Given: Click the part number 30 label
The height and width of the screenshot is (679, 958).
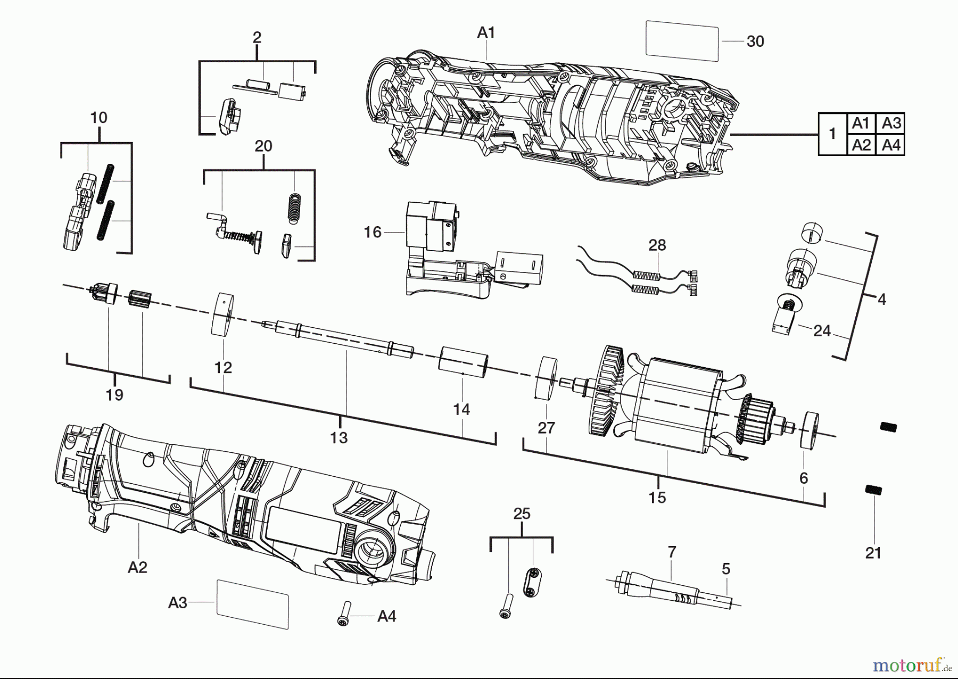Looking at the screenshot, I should [755, 42].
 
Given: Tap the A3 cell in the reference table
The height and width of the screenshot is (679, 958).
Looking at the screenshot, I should [891, 123].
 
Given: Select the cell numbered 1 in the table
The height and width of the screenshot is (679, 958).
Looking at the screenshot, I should [832, 134].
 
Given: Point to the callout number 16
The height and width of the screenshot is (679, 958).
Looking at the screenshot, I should [373, 232].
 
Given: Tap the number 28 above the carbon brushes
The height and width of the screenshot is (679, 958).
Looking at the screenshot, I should [657, 245].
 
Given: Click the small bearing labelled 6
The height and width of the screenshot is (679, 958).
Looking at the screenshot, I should [810, 430].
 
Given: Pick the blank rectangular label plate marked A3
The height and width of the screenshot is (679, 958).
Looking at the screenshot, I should [252, 604].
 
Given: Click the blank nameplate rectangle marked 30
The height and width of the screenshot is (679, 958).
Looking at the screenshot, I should [682, 41].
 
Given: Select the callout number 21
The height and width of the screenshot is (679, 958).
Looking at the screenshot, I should [873, 553].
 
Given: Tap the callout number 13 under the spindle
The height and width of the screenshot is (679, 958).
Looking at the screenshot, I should [339, 437].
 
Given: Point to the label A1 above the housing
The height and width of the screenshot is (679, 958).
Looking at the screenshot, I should [486, 33].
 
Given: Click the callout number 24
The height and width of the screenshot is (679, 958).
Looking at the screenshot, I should [822, 331].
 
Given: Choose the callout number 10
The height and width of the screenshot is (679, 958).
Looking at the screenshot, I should [99, 118].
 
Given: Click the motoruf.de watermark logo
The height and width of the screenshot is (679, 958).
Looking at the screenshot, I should [912, 665].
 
